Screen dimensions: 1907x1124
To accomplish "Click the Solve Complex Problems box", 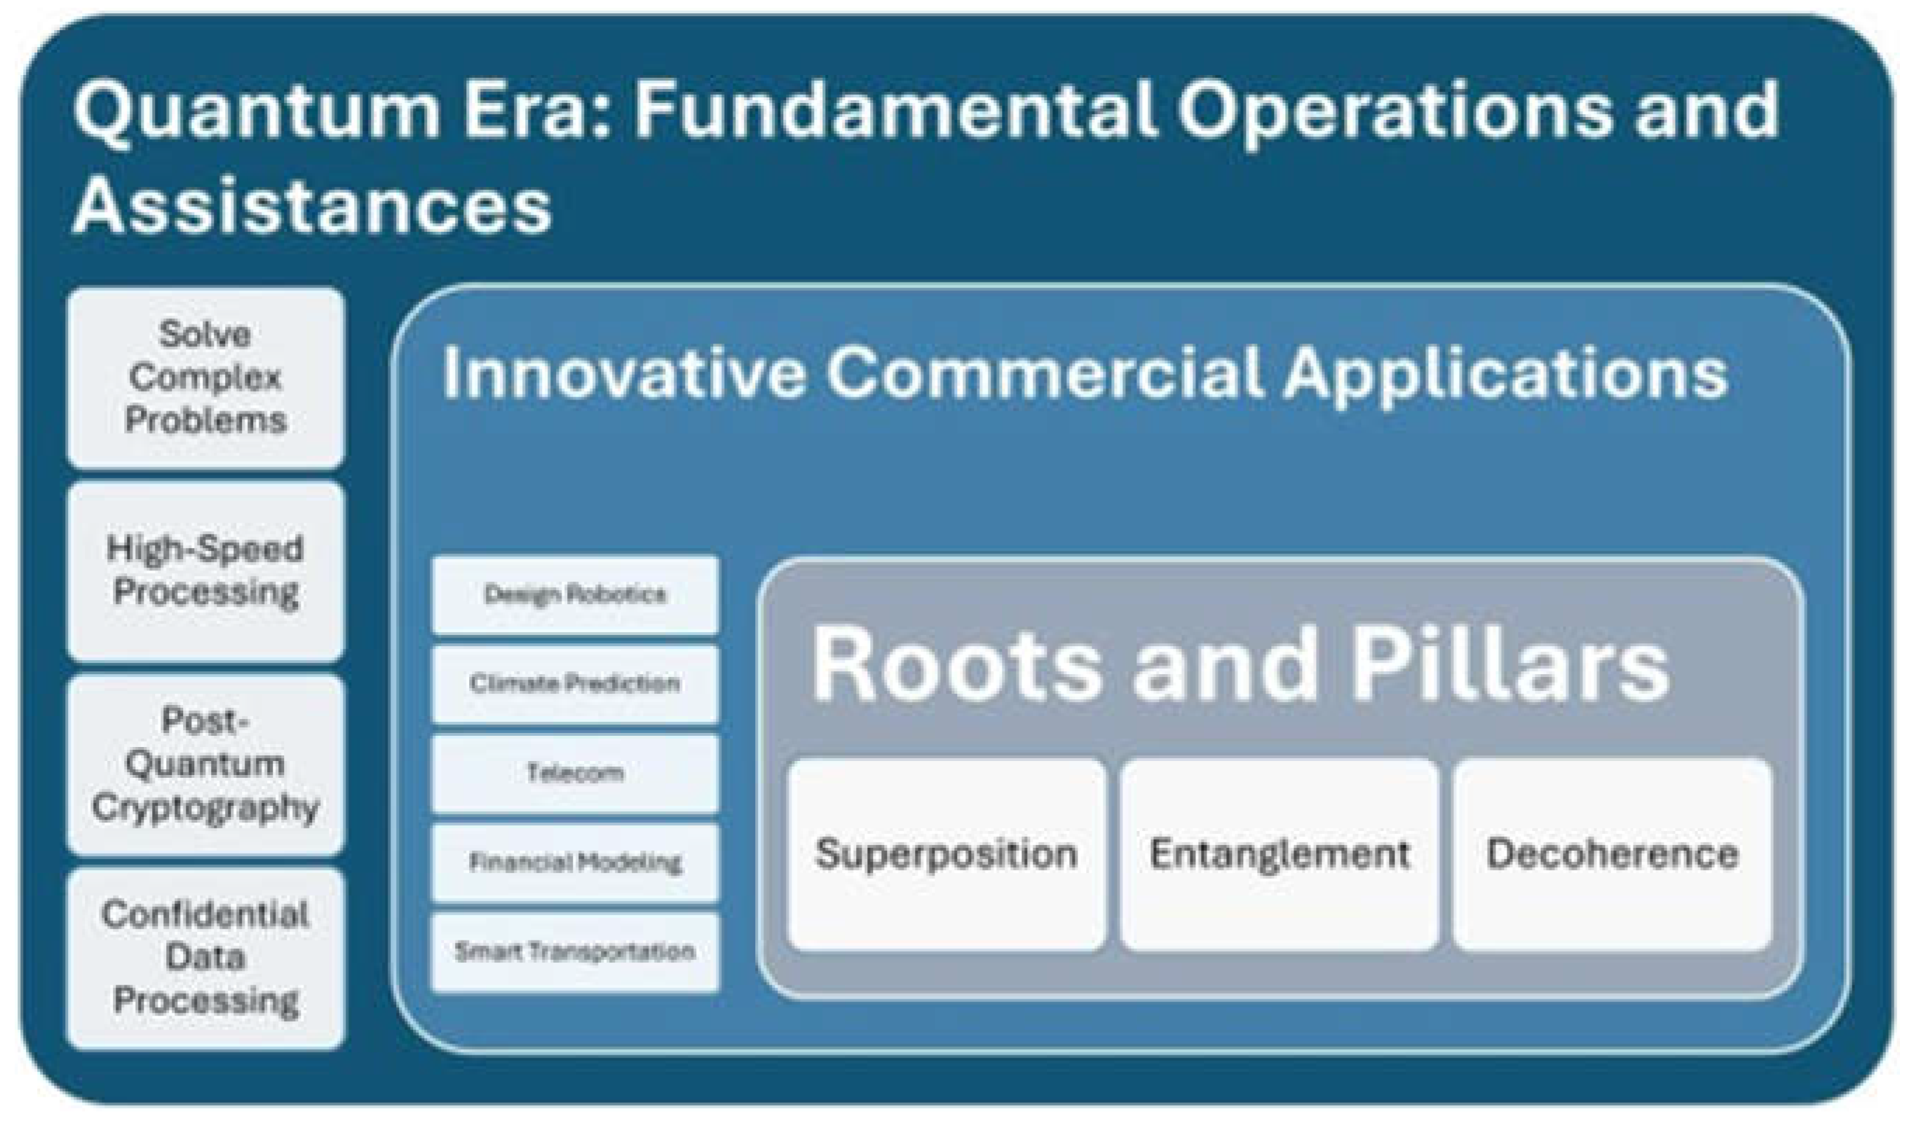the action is pyautogui.click(x=205, y=377).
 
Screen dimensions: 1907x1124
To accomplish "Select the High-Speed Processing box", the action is pyautogui.click(x=205, y=571).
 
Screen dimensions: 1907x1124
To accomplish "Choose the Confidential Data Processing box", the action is pyautogui.click(x=205, y=958).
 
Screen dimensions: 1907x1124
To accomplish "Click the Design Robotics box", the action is pyautogui.click(x=575, y=594).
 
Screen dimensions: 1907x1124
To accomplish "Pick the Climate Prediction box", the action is pyautogui.click(x=575, y=684).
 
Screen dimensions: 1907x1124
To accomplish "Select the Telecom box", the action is pyautogui.click(x=575, y=774).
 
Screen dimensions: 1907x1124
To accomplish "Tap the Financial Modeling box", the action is pyautogui.click(x=575, y=863).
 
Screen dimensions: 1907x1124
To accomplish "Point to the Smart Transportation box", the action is pyautogui.click(x=575, y=952).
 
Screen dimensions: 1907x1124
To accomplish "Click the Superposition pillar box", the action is pyautogui.click(x=946, y=854).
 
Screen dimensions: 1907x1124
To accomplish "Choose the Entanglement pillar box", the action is pyautogui.click(x=1280, y=854).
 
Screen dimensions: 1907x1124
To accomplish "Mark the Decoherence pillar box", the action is pyautogui.click(x=1613, y=854).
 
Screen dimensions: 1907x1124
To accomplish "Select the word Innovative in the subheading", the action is pyautogui.click(x=623, y=372).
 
